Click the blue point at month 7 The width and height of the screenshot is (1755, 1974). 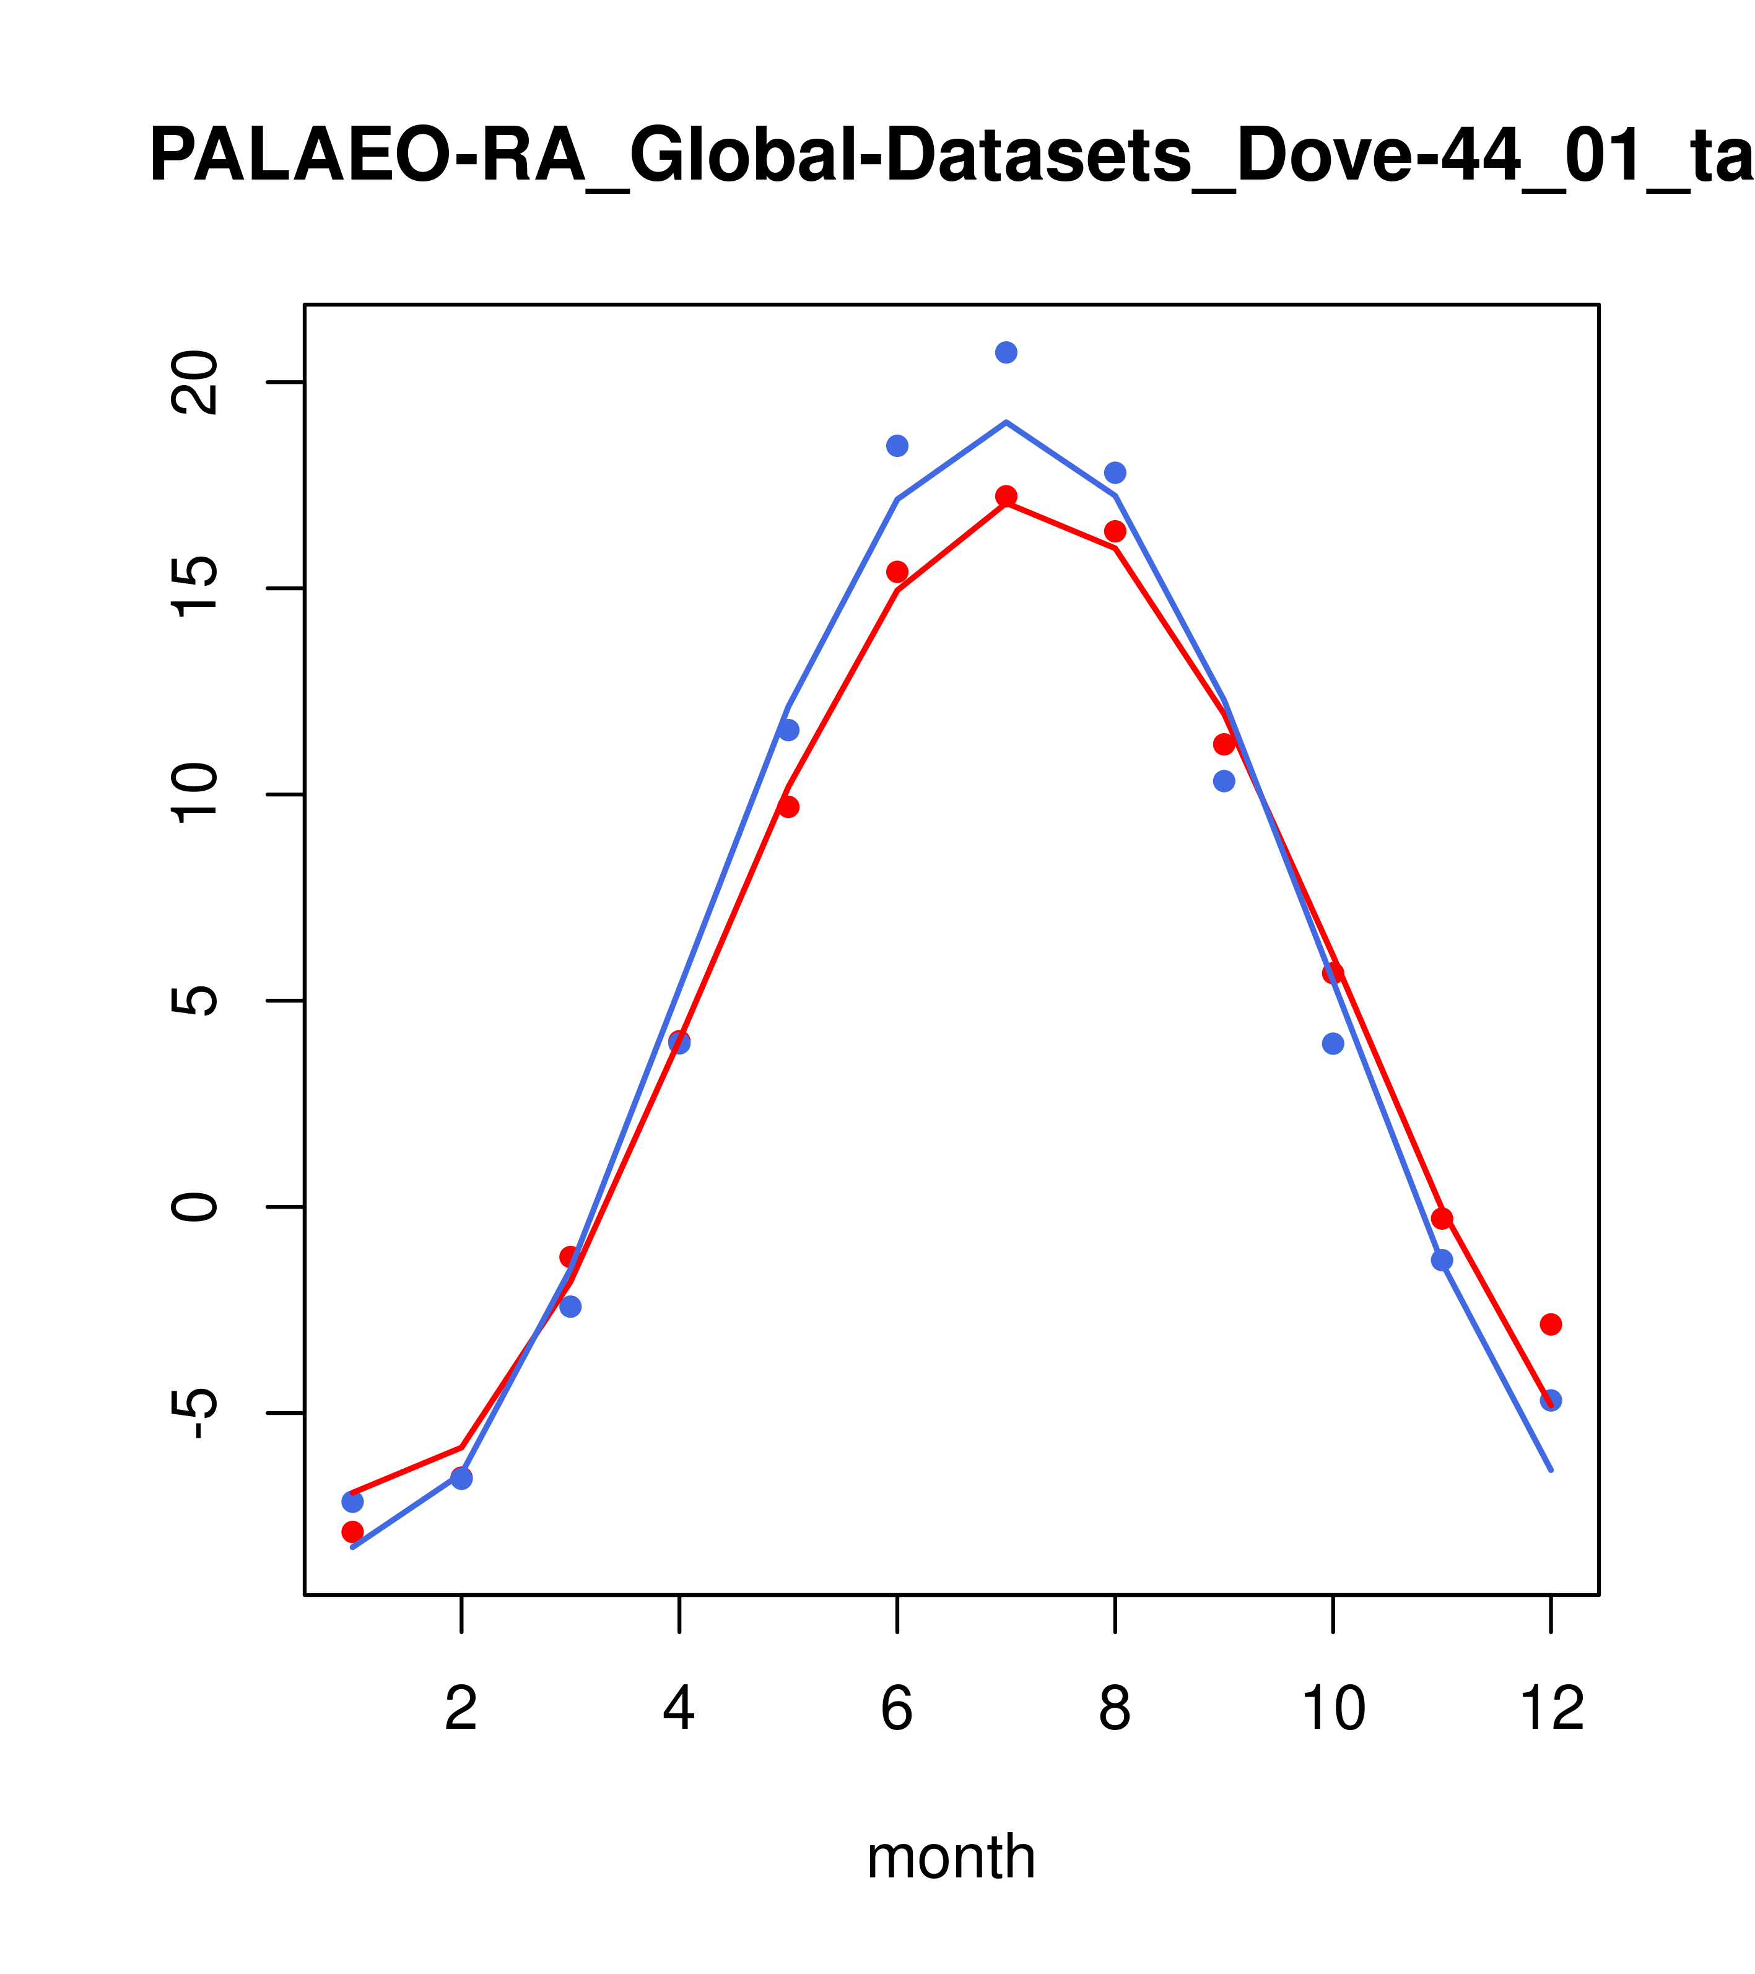point(1006,352)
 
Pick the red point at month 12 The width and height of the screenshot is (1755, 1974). point(1550,1324)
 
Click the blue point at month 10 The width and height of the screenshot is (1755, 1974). point(1333,1043)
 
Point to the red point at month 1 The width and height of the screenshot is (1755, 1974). point(352,1531)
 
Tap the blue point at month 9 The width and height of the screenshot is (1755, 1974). point(1224,780)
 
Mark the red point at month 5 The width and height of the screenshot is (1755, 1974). point(788,806)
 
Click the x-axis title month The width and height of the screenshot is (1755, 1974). point(951,1856)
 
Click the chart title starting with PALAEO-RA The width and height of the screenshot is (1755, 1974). point(951,157)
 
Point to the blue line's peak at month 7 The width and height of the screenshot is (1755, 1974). point(1006,422)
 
